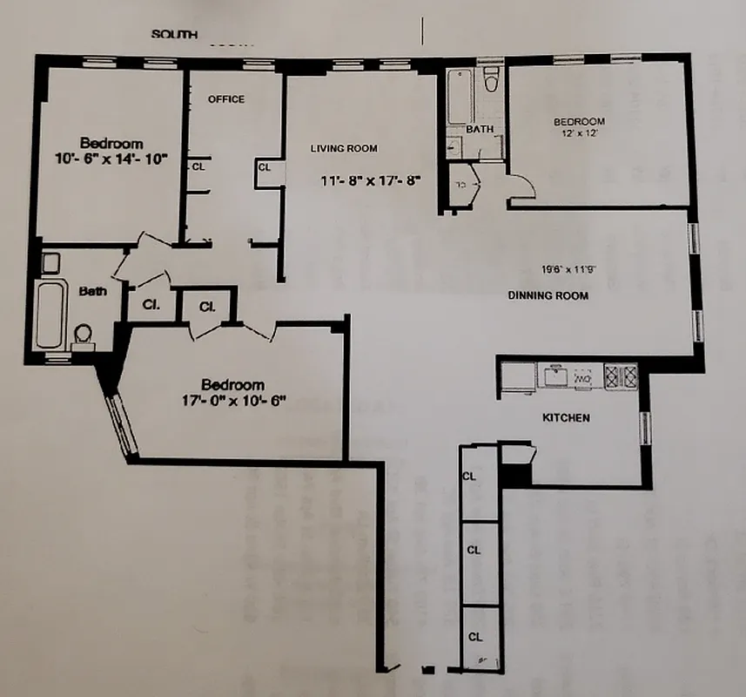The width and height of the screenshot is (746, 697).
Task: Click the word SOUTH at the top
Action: pos(175,35)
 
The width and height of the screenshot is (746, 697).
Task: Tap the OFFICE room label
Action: pos(226,99)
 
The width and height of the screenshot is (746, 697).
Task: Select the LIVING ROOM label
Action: pos(345,149)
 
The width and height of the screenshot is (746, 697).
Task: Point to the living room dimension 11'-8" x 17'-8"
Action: pos(371,181)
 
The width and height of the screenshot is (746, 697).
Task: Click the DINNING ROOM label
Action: pos(548,296)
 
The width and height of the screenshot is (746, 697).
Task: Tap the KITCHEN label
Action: pos(566,418)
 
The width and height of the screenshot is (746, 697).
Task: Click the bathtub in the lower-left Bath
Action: pos(51,314)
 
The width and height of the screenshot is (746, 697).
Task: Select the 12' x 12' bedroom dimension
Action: pos(581,134)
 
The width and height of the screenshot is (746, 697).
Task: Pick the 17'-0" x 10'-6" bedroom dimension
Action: pos(232,402)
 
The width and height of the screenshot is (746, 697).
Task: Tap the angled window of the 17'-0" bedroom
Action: pos(122,424)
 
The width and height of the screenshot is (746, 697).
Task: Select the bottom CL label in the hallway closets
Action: pos(474,637)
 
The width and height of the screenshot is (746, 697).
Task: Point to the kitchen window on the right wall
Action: pos(645,427)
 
